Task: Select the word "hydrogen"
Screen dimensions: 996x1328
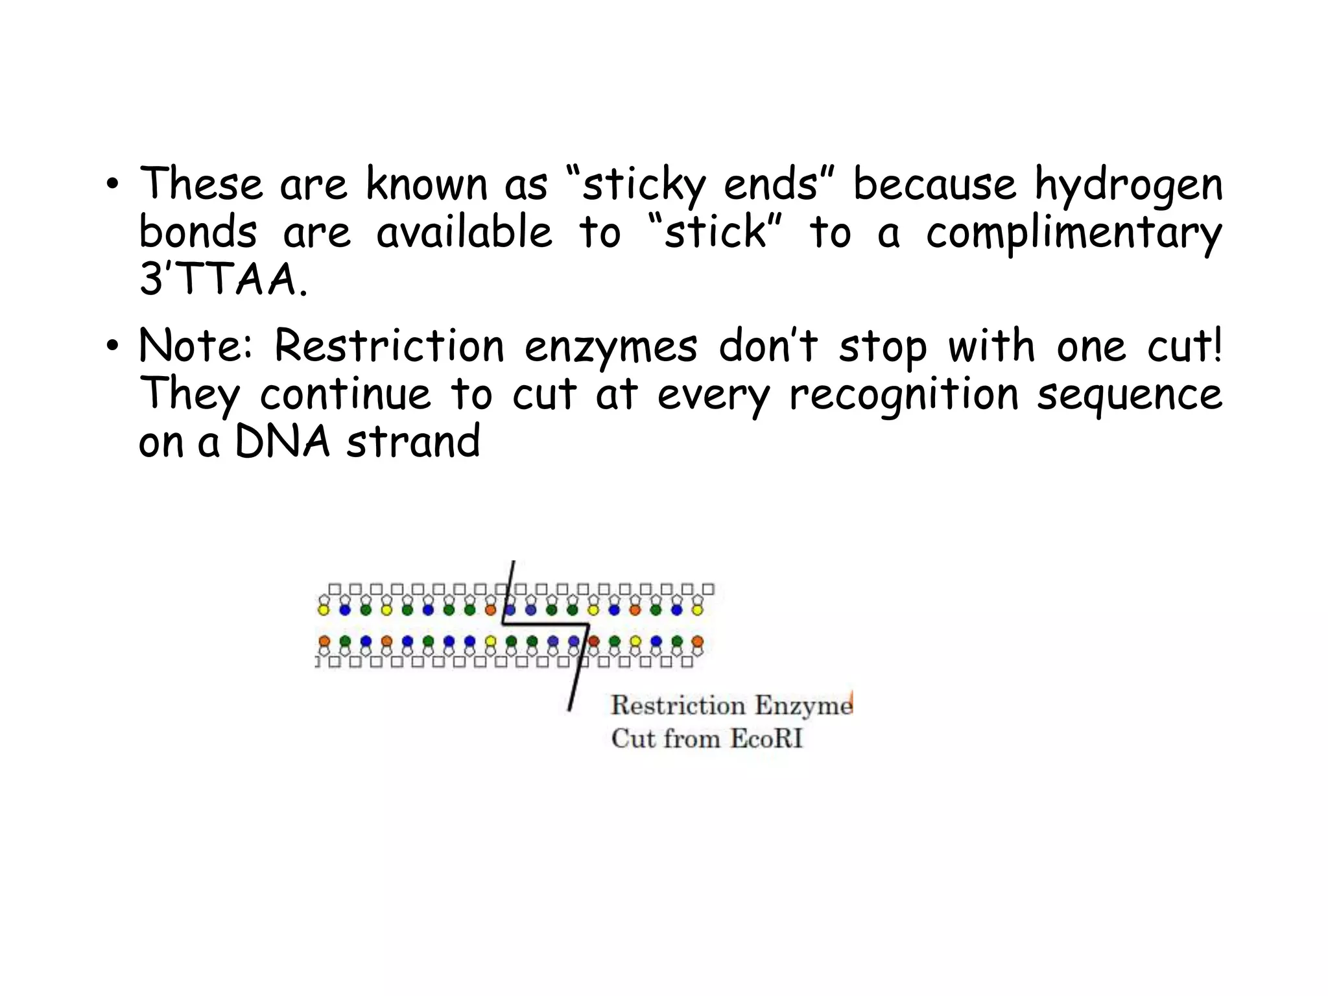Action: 1128,185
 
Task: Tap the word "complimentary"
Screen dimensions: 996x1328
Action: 1073,233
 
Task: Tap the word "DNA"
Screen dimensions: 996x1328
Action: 282,442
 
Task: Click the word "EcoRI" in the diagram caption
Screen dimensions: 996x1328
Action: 766,739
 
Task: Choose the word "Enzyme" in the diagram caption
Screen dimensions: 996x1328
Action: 803,705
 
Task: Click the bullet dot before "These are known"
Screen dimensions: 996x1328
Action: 113,184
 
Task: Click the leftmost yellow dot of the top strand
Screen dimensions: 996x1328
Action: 324,610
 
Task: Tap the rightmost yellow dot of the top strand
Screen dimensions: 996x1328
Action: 697,610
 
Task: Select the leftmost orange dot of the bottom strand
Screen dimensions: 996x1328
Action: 324,641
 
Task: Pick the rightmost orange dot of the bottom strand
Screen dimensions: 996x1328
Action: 697,641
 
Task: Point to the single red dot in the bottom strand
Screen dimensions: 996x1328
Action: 594,641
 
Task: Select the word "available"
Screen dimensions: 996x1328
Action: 464,233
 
